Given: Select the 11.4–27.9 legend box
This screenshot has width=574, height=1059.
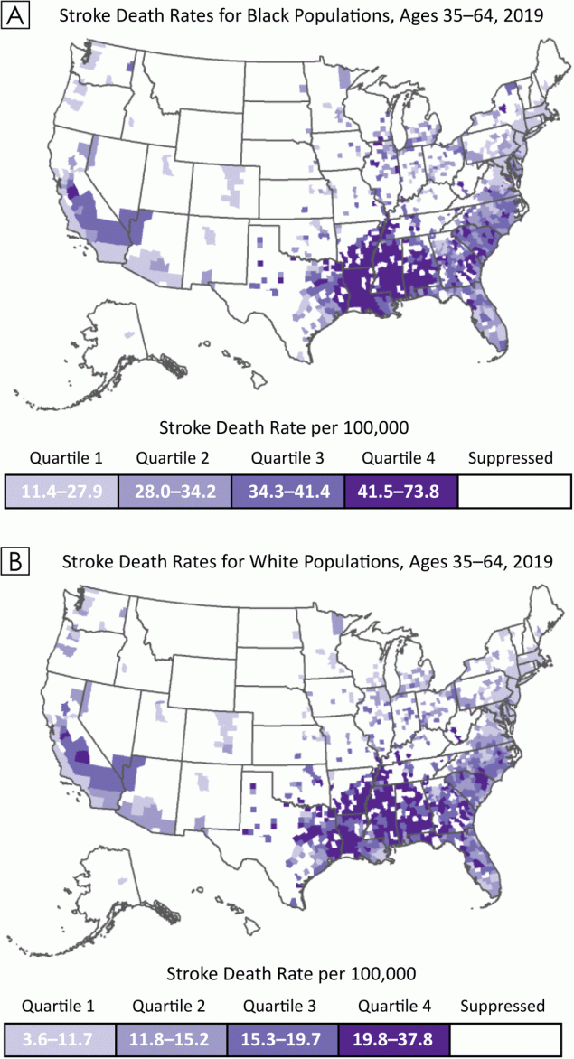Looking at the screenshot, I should [61, 491].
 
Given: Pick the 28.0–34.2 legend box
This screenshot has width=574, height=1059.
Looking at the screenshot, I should [174, 491].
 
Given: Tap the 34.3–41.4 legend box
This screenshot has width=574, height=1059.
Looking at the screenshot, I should [287, 491].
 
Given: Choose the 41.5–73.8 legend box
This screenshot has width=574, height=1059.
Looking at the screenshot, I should [400, 491].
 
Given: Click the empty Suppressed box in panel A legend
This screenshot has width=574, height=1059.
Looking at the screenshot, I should [514, 491].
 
